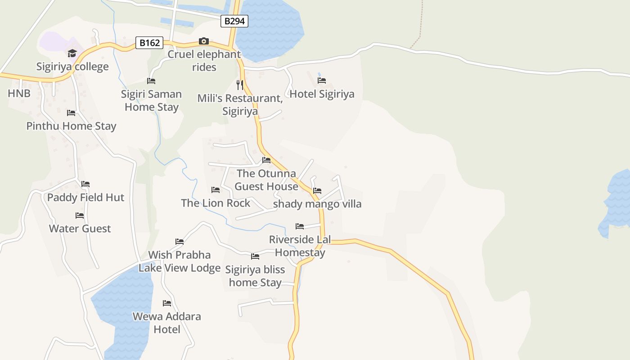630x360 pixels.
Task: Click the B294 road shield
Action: pyautogui.click(x=234, y=21)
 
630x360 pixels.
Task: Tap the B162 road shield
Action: pyautogui.click(x=149, y=43)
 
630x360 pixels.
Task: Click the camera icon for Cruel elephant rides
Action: pyautogui.click(x=204, y=41)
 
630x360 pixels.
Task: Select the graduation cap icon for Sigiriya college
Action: pyautogui.click(x=72, y=54)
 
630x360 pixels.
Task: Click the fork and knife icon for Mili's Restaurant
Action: pyautogui.click(x=240, y=85)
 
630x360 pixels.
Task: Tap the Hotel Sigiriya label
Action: pyautogui.click(x=322, y=94)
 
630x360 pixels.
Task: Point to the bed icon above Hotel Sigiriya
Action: pyautogui.click(x=322, y=81)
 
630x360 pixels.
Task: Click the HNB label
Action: pyautogui.click(x=19, y=94)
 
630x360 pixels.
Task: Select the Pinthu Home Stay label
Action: pyautogui.click(x=71, y=126)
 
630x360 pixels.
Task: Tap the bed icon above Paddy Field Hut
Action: pyautogui.click(x=85, y=184)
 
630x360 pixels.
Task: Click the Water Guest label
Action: pyautogui.click(x=80, y=229)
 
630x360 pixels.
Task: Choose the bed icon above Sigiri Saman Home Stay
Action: pyautogui.click(x=151, y=81)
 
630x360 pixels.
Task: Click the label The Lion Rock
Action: pyautogui.click(x=216, y=203)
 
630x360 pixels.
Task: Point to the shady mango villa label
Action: pyautogui.click(x=317, y=204)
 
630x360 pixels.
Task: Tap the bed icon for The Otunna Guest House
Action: pyautogui.click(x=266, y=160)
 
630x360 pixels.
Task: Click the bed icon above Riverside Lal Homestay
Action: pyautogui.click(x=300, y=226)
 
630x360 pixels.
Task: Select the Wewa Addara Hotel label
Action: pyautogui.click(x=167, y=323)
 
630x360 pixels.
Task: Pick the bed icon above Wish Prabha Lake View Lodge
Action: pyautogui.click(x=180, y=242)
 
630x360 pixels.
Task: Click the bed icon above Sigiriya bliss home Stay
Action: pyautogui.click(x=255, y=256)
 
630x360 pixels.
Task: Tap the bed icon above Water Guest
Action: pyautogui.click(x=80, y=216)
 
